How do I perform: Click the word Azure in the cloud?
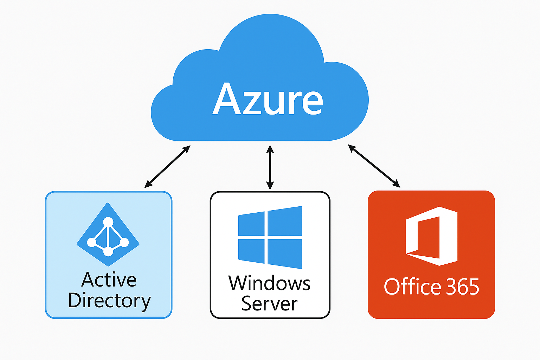[x=268, y=99]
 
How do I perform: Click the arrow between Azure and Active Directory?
[x=167, y=166]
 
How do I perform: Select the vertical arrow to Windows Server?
[x=270, y=167]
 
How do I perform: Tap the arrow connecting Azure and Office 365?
[x=374, y=166]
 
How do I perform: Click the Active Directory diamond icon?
[x=108, y=234]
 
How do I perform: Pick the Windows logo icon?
[x=270, y=237]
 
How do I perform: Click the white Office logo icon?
[x=432, y=236]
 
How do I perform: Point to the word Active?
[x=109, y=280]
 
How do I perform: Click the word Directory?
[x=109, y=301]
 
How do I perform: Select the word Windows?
[x=269, y=283]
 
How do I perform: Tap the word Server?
[x=269, y=303]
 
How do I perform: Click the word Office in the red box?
[x=412, y=287]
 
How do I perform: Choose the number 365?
[x=463, y=287]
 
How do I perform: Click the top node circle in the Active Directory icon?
[x=108, y=222]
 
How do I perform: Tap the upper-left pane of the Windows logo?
[x=251, y=224]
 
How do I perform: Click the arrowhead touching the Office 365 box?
[x=396, y=184]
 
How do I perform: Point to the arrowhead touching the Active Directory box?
[x=148, y=184]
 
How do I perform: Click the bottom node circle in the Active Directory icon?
[x=108, y=251]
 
